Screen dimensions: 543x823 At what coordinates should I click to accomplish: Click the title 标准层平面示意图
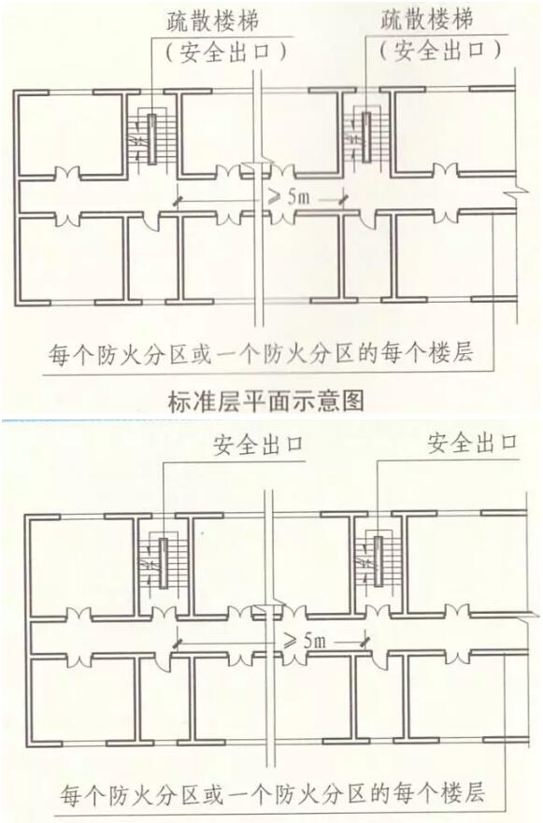[x=266, y=402]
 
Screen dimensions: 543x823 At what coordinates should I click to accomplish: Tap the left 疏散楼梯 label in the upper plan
[x=213, y=22]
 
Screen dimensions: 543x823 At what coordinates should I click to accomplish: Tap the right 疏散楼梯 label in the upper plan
[x=427, y=20]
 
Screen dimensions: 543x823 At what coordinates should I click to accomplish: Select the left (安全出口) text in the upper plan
[x=226, y=52]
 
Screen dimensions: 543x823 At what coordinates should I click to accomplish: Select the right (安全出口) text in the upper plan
[x=440, y=50]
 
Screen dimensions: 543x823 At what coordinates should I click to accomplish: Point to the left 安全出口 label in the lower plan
[x=258, y=445]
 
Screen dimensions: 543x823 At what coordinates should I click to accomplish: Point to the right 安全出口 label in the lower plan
[x=473, y=443]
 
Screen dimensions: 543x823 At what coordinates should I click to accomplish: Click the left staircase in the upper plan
[x=151, y=138]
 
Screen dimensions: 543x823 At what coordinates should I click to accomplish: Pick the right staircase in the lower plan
[x=378, y=560]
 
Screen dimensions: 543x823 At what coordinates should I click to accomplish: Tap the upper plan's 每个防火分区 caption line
[x=261, y=353]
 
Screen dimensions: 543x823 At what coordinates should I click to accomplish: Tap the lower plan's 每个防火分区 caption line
[x=272, y=792]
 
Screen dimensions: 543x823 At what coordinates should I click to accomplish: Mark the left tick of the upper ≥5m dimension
[x=179, y=200]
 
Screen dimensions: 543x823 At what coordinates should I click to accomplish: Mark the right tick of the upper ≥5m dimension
[x=344, y=200]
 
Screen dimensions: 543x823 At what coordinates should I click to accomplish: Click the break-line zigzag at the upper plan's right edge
[x=515, y=193]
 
